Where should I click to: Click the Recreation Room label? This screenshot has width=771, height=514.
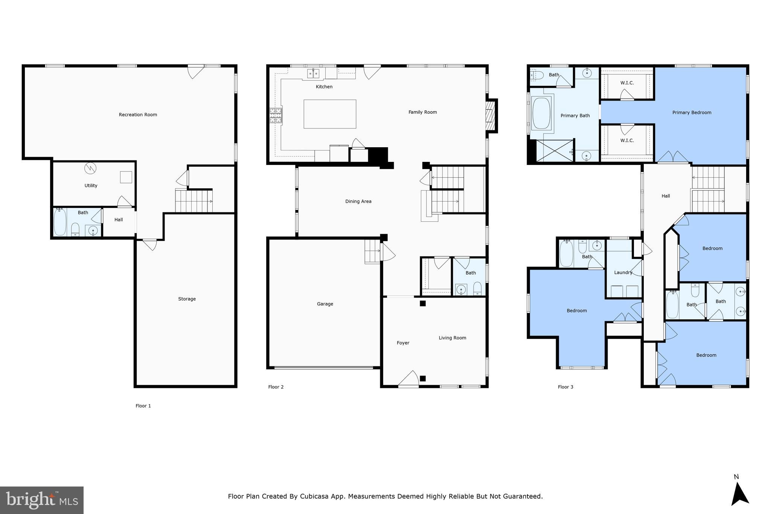click(x=138, y=115)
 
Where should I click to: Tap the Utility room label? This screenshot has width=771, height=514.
click(x=91, y=186)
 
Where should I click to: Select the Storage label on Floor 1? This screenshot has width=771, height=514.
click(x=187, y=299)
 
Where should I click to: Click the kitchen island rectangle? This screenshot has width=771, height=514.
click(x=330, y=114)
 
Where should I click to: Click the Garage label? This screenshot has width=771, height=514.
click(x=325, y=304)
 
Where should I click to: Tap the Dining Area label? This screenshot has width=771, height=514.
click(x=358, y=201)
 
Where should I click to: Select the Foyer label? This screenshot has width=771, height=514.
click(x=403, y=343)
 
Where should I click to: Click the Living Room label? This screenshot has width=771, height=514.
click(x=452, y=338)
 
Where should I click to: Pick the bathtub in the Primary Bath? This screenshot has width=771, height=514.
click(x=541, y=113)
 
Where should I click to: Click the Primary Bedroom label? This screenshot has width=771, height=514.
click(x=692, y=113)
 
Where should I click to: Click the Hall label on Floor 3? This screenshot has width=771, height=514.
click(x=666, y=196)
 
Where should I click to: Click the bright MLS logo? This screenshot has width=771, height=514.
click(x=42, y=500)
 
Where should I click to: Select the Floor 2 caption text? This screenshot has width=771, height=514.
click(x=276, y=387)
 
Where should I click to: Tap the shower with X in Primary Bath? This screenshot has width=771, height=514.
click(x=554, y=151)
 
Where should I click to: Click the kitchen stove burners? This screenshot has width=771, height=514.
click(x=276, y=116)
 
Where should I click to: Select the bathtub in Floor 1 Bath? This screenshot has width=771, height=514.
click(x=60, y=223)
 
